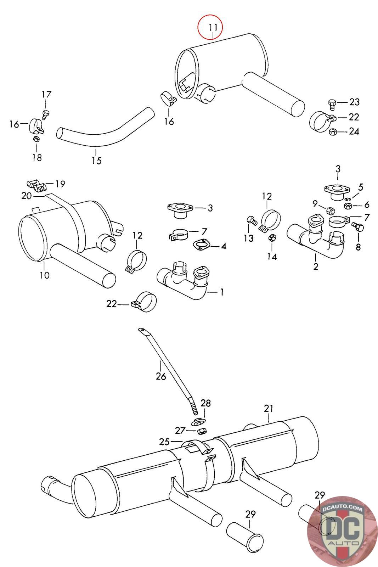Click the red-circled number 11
pos(213,27)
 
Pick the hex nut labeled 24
pos(332,131)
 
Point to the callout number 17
pos(46,94)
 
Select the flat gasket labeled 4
pos(201,245)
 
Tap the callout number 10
pos(45,275)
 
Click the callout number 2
pos(316,266)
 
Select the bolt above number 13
pos(252,221)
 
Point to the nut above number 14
pos(272,238)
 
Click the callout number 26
pos(161,376)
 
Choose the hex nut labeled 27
pos(202,430)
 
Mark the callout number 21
pos(269,408)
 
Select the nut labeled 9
pos(331,210)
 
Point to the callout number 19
pos(60,184)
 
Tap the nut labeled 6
pos(348,206)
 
